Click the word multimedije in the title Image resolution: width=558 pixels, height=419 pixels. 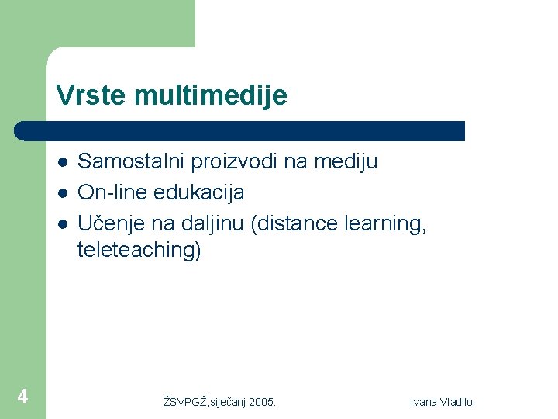point(210,96)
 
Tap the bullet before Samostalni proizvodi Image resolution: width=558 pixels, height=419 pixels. point(62,162)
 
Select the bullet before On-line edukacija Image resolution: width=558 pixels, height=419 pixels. point(62,192)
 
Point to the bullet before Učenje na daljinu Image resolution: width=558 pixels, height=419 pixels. point(62,223)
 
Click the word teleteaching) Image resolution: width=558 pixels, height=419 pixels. point(139,251)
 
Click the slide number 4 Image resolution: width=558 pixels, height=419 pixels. point(23,397)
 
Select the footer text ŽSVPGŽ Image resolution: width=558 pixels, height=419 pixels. point(186,402)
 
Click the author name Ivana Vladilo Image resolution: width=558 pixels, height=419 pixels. point(442,402)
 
